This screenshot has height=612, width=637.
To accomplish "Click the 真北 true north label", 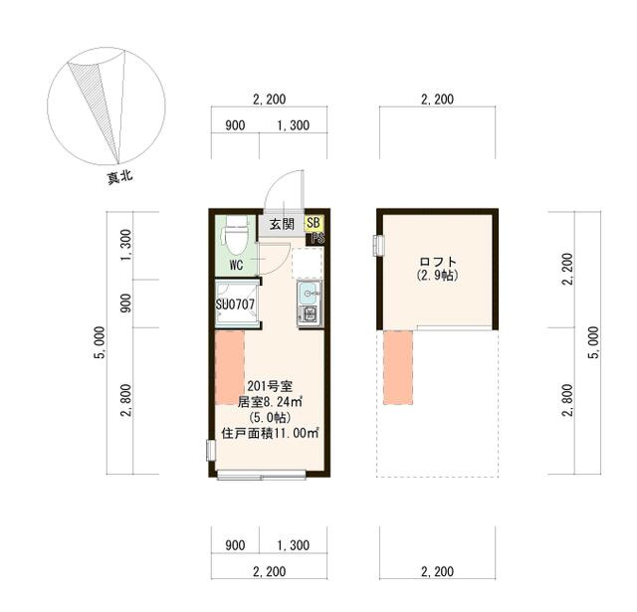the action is (x=119, y=177).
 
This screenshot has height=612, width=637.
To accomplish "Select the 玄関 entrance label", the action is (x=282, y=224).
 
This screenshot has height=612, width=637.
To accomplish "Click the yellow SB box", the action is (x=314, y=223).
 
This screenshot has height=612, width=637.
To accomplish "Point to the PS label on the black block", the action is (x=318, y=239).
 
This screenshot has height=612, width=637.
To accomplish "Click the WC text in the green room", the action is (x=236, y=266).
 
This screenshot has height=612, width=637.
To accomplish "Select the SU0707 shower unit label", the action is (x=235, y=304).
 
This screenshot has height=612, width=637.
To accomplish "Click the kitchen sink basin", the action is (x=309, y=294).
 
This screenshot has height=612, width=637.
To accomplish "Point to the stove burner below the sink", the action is (x=310, y=313).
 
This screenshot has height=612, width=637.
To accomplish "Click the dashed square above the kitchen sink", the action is (x=308, y=263).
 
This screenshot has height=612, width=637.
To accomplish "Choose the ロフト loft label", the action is (x=438, y=262).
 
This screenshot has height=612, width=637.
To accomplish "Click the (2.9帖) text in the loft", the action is (x=438, y=276).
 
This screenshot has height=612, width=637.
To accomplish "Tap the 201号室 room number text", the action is (x=270, y=386).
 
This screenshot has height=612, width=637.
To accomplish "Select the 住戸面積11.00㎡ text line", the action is (x=270, y=433).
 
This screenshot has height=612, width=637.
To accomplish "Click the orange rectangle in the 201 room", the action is (x=230, y=368).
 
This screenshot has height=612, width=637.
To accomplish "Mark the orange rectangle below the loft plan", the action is (x=398, y=368).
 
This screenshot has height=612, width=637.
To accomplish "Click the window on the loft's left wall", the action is (x=378, y=245).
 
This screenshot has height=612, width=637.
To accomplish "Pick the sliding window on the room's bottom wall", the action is (x=261, y=475).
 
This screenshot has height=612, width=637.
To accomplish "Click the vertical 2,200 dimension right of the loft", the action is (x=567, y=269).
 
